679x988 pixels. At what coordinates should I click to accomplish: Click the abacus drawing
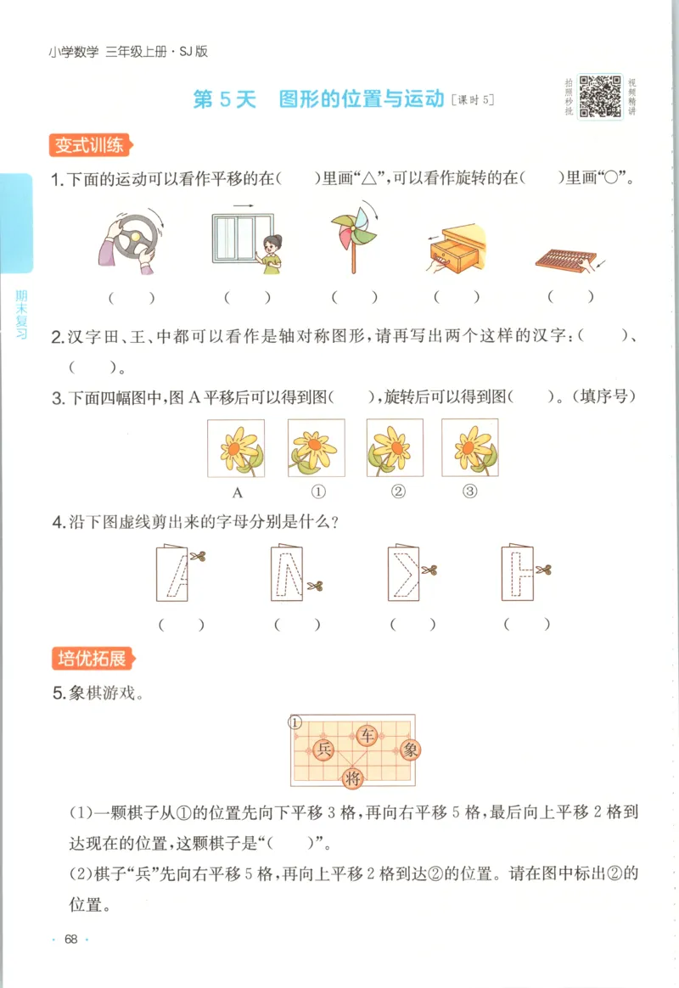click(x=569, y=259)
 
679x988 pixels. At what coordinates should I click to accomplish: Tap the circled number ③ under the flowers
click(x=470, y=491)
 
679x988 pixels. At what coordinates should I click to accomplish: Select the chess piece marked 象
click(x=410, y=749)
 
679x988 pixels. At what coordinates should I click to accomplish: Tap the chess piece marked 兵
click(x=323, y=749)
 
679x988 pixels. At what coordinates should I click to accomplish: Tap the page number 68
click(x=70, y=939)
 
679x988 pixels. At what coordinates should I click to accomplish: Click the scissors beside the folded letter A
click(x=199, y=557)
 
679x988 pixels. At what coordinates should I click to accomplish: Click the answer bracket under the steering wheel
click(x=131, y=298)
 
